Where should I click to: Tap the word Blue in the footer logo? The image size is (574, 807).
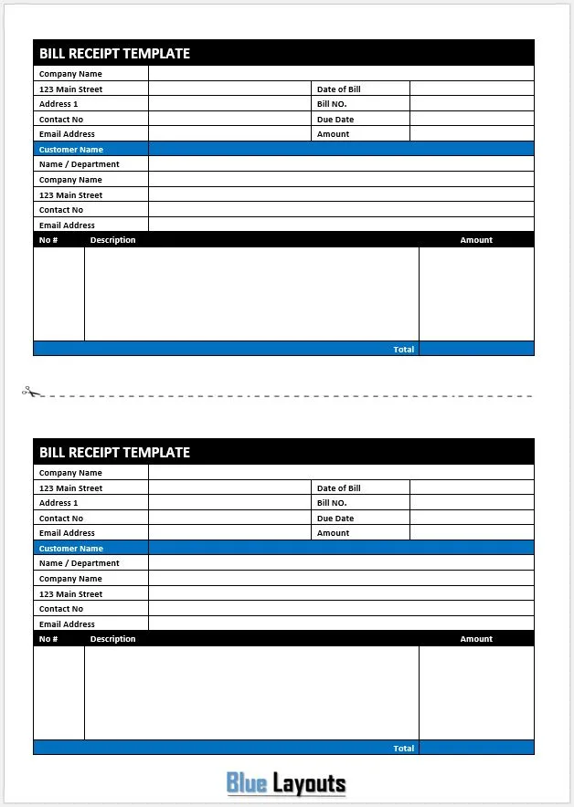tap(246, 783)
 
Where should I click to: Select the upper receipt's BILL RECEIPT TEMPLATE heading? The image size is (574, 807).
tap(114, 54)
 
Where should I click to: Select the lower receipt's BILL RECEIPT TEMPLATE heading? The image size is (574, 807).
tap(114, 453)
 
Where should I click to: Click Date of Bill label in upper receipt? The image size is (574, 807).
tap(338, 89)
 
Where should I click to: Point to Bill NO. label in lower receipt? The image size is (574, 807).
tap(332, 503)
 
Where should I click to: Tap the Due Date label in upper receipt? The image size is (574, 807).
tap(335, 120)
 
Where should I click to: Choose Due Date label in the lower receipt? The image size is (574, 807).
tap(335, 519)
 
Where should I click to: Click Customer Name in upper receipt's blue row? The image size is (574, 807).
tap(71, 150)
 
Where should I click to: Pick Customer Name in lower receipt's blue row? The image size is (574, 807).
tap(71, 549)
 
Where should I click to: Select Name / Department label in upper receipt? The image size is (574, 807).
tap(80, 164)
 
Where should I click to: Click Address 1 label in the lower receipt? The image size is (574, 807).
tap(58, 503)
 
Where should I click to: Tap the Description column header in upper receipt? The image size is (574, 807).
tap(113, 240)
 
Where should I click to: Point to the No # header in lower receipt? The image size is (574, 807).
tap(48, 639)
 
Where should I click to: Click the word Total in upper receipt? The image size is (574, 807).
tap(403, 350)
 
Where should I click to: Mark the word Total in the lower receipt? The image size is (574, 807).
tap(403, 749)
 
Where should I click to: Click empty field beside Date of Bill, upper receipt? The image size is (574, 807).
tap(472, 89)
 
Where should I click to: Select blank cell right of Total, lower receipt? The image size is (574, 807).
tap(476, 749)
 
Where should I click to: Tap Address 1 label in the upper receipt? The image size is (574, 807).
tap(58, 104)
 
